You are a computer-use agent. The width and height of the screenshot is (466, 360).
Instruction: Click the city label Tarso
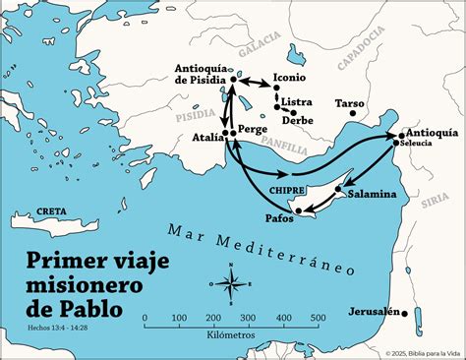(x=349, y=102)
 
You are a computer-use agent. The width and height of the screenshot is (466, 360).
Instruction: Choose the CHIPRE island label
(x=286, y=191)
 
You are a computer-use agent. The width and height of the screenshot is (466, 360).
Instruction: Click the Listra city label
(x=297, y=102)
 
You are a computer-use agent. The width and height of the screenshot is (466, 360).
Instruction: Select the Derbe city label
(x=298, y=121)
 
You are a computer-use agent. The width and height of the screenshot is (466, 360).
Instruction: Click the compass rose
(x=231, y=285)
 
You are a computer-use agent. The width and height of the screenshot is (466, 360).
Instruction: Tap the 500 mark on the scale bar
(x=319, y=317)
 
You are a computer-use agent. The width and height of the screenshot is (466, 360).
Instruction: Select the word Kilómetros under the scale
(x=232, y=334)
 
